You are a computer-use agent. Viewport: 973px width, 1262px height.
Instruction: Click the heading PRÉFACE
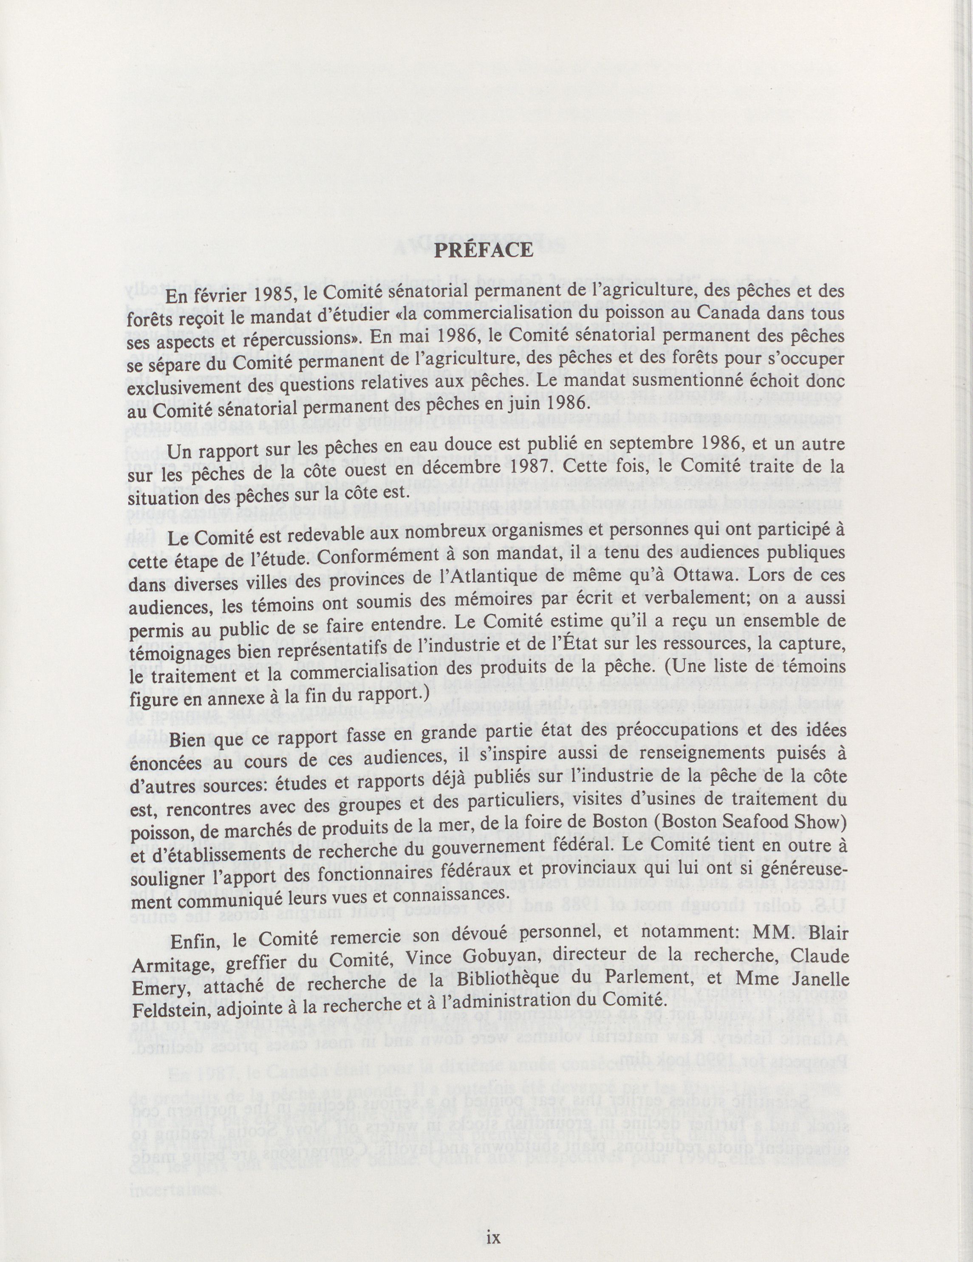pos(484,250)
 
